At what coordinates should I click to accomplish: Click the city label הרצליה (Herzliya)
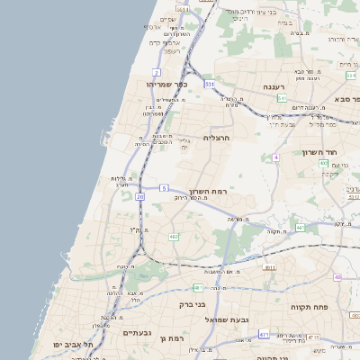(218, 138)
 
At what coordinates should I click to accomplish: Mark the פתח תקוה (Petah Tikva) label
(308, 307)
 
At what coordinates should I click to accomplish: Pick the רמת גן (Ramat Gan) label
(168, 338)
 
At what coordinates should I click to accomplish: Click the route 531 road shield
(210, 84)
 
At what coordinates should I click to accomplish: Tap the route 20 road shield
(140, 196)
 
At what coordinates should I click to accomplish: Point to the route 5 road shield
(164, 187)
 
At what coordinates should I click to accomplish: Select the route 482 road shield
(173, 236)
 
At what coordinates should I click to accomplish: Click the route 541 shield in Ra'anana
(282, 98)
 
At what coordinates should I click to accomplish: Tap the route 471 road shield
(264, 334)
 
